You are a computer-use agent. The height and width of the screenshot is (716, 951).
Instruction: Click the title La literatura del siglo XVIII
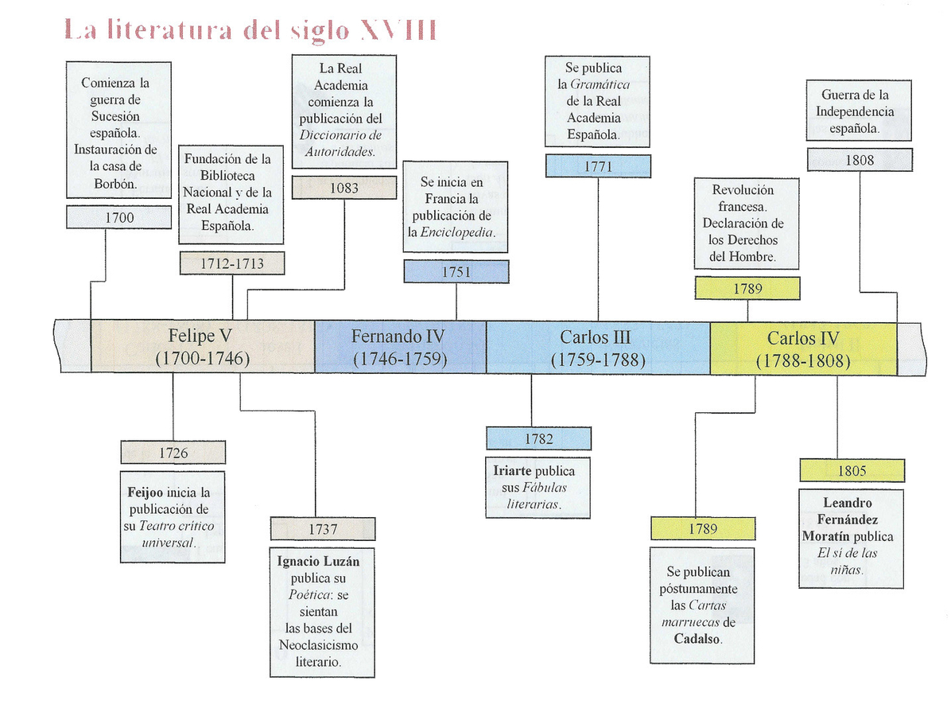pyautogui.click(x=250, y=31)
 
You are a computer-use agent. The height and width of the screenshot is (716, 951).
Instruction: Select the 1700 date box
pyautogui.click(x=118, y=217)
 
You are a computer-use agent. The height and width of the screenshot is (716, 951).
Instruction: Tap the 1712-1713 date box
pyautogui.click(x=231, y=263)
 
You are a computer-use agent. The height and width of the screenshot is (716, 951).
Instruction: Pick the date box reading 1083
pyautogui.click(x=344, y=188)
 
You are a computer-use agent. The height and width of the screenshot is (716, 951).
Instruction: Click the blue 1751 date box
pyautogui.click(x=456, y=271)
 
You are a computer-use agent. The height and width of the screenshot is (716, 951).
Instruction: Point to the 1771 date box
pyautogui.click(x=597, y=166)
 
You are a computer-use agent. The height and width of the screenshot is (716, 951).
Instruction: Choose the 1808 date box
pyautogui.click(x=859, y=160)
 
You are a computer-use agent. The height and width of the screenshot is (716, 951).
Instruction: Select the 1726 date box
pyautogui.click(x=173, y=453)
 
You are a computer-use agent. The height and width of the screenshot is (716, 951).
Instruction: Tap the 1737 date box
pyautogui.click(x=322, y=529)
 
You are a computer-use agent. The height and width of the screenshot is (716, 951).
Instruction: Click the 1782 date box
pyautogui.click(x=538, y=438)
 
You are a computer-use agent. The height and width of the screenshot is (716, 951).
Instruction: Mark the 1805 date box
pyautogui.click(x=851, y=470)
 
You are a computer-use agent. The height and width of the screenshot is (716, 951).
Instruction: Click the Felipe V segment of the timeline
pyautogui.click(x=203, y=347)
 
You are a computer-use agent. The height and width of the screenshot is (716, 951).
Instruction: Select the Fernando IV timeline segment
pyautogui.click(x=400, y=347)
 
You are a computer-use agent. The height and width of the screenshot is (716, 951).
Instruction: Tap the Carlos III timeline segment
pyautogui.click(x=597, y=347)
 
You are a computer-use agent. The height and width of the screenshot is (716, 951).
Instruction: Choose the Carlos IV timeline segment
pyautogui.click(x=803, y=347)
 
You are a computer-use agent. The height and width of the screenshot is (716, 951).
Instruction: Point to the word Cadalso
pyautogui.click(x=698, y=639)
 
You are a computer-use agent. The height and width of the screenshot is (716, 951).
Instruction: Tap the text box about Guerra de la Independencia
pyautogui.click(x=859, y=111)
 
